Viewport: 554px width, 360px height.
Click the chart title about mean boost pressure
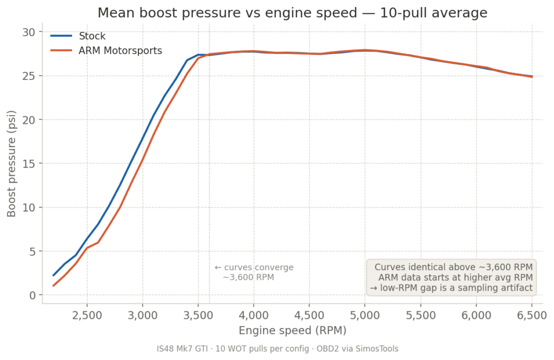[292, 13]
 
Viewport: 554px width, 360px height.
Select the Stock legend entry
[92, 37]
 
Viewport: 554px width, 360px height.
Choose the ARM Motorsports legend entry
[120, 51]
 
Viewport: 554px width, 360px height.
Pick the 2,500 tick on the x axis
[87, 314]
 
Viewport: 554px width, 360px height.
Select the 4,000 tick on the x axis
[254, 314]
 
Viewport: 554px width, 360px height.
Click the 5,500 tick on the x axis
[420, 314]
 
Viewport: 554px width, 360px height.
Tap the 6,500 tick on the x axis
[532, 314]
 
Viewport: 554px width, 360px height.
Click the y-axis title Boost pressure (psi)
[11, 164]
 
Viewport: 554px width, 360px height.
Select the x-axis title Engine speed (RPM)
[292, 329]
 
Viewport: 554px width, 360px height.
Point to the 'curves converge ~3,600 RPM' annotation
[254, 272]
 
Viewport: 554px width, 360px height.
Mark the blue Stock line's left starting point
[53, 275]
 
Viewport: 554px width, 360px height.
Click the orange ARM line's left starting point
[53, 285]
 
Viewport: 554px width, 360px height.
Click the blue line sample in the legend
[61, 37]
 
